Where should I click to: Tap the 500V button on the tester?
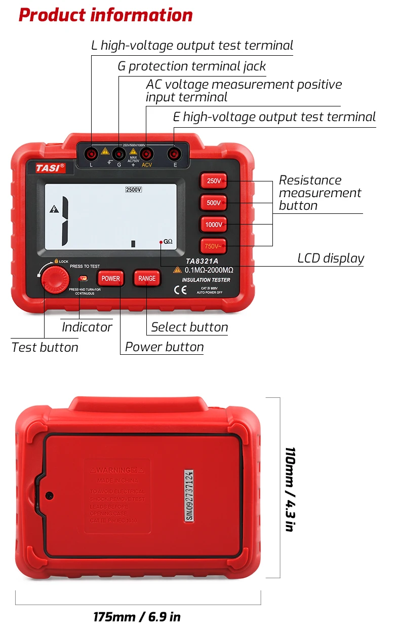213,203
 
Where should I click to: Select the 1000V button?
213,225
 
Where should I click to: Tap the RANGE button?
147,278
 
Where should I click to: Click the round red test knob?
55,279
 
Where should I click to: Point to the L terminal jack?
91,153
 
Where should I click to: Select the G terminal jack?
119,153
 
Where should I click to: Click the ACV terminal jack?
147,153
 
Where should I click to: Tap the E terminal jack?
175,153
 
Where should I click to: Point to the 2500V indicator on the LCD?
134,190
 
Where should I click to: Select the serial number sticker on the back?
188,494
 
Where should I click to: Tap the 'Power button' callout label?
164,347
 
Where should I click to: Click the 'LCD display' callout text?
331,258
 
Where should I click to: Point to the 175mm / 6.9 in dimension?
137,617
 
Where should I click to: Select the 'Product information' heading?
105,15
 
